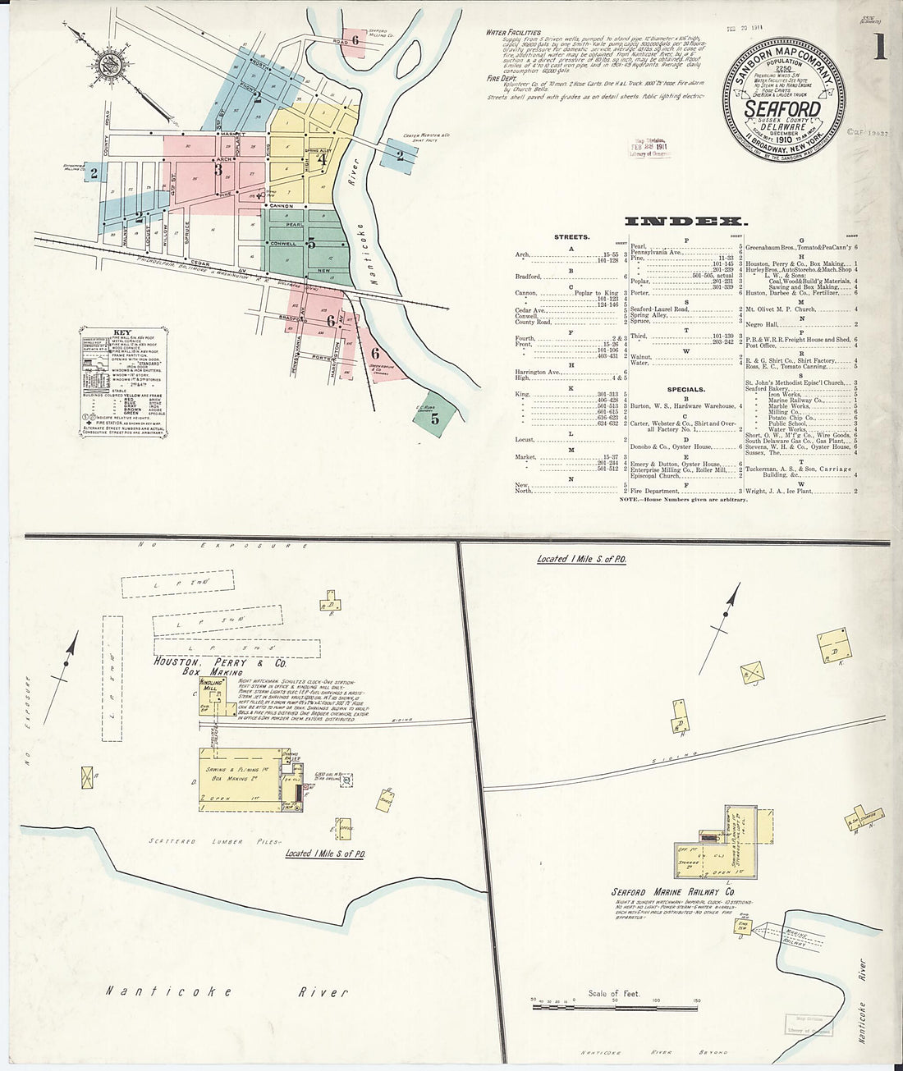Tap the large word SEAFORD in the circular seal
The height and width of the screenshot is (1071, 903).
click(782, 109)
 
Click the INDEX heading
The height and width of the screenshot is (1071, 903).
click(686, 221)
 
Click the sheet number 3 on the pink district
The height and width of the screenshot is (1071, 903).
click(218, 171)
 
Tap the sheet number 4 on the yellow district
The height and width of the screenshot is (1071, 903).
click(323, 161)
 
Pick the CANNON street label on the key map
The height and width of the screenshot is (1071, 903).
click(282, 205)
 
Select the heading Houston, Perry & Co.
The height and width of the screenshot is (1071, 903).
click(220, 661)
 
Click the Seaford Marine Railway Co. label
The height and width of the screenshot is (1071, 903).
click(672, 891)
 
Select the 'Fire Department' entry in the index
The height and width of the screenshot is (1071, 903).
click(654, 492)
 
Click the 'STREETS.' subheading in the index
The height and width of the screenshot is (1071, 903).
click(571, 237)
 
